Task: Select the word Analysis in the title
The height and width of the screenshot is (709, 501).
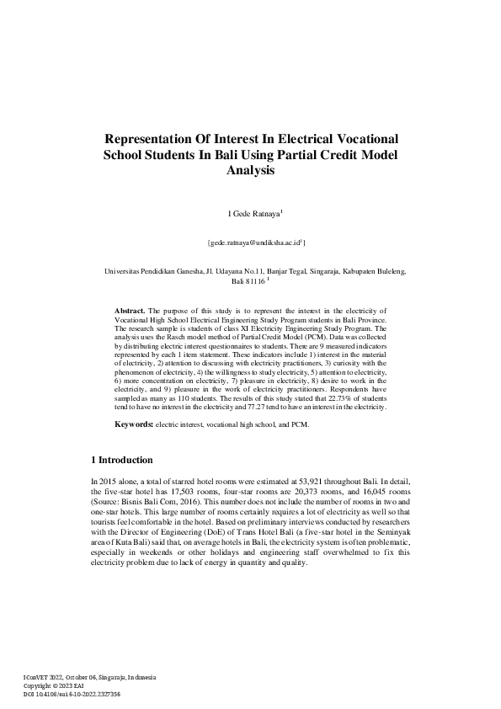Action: tap(250, 171)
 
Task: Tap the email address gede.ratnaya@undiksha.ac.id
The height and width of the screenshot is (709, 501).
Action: tap(255, 243)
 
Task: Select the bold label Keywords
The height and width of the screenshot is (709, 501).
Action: tap(134, 424)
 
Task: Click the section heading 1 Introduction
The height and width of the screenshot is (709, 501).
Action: tap(121, 461)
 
